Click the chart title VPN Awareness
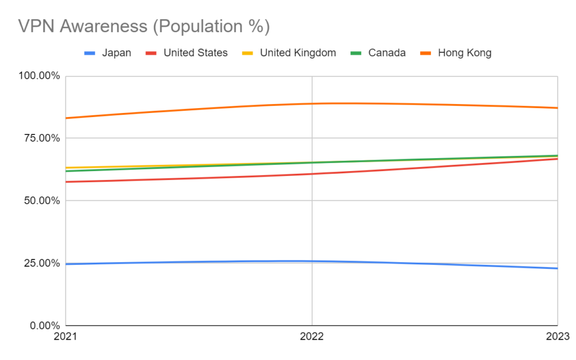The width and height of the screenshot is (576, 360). pyautogui.click(x=143, y=26)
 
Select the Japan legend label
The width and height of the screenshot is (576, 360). pyautogui.click(x=116, y=53)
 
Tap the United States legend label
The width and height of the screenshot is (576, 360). pyautogui.click(x=196, y=53)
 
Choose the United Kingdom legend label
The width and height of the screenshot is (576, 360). pyautogui.click(x=298, y=53)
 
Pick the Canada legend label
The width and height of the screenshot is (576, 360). pyautogui.click(x=387, y=53)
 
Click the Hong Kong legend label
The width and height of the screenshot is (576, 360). pyautogui.click(x=465, y=53)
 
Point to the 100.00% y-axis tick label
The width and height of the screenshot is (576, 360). pyautogui.click(x=40, y=76)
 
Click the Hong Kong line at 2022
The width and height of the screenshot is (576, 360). pyautogui.click(x=312, y=103)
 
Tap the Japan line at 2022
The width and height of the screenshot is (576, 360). pyautogui.click(x=312, y=261)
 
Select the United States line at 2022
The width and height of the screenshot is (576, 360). pyautogui.click(x=312, y=174)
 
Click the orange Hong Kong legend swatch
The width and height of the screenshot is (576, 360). pyautogui.click(x=427, y=53)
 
